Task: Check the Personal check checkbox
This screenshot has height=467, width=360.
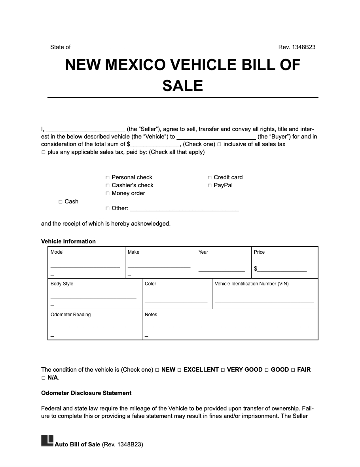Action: (107, 178)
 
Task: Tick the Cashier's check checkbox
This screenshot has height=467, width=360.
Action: (107, 186)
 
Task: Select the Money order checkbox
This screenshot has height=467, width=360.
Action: (107, 194)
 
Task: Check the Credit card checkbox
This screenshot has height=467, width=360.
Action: (209, 178)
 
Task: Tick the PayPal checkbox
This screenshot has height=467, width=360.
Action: (209, 186)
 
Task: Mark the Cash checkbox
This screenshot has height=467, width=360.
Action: (61, 202)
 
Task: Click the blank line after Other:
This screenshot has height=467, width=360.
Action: (184, 209)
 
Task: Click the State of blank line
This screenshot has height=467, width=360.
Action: (100, 47)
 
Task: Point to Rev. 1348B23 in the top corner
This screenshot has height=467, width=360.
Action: (297, 47)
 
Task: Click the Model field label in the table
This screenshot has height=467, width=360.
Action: (57, 252)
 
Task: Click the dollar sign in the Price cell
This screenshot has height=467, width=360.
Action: (256, 269)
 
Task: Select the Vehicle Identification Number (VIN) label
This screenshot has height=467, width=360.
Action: (252, 284)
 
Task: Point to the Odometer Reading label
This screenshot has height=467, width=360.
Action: (70, 315)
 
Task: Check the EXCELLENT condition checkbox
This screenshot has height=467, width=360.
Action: (179, 370)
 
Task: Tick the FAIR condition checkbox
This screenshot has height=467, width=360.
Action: (293, 370)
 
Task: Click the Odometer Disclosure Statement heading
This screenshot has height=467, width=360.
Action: (86, 393)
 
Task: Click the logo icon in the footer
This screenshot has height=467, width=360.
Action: (47, 441)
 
